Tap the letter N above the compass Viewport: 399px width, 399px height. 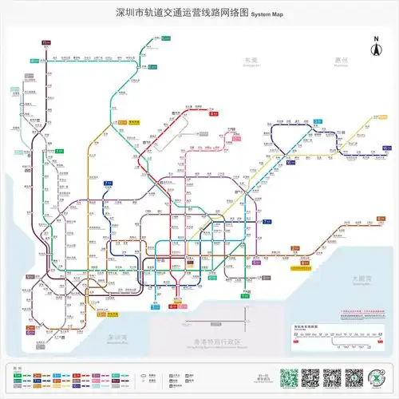(372, 38)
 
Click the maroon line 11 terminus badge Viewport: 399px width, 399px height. (45, 41)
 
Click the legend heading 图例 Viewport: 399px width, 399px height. (17, 366)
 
